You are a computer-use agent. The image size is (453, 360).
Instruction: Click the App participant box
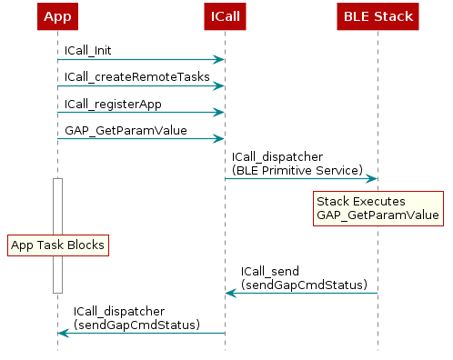pyautogui.click(x=57, y=16)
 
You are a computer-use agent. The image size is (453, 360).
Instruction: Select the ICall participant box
pyautogui.click(x=225, y=16)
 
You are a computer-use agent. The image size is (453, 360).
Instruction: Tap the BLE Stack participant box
pyautogui.click(x=377, y=16)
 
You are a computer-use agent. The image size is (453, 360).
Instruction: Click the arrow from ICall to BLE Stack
pyautogui.click(x=300, y=178)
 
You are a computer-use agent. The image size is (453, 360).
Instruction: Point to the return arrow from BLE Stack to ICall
pyautogui.click(x=300, y=293)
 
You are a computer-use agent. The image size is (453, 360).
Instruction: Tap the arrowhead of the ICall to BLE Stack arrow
pyautogui.click(x=372, y=178)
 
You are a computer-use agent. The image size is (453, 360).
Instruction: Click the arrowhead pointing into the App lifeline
pyautogui.click(x=64, y=333)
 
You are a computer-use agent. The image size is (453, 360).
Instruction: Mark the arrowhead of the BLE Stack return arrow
pyautogui.click(x=231, y=293)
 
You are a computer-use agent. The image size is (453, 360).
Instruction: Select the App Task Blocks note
pyautogui.click(x=57, y=245)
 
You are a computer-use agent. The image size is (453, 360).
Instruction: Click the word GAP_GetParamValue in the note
pyautogui.click(x=377, y=216)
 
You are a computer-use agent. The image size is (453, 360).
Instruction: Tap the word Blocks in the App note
pyautogui.click(x=86, y=245)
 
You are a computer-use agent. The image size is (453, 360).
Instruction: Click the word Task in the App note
pyautogui.click(x=54, y=245)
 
